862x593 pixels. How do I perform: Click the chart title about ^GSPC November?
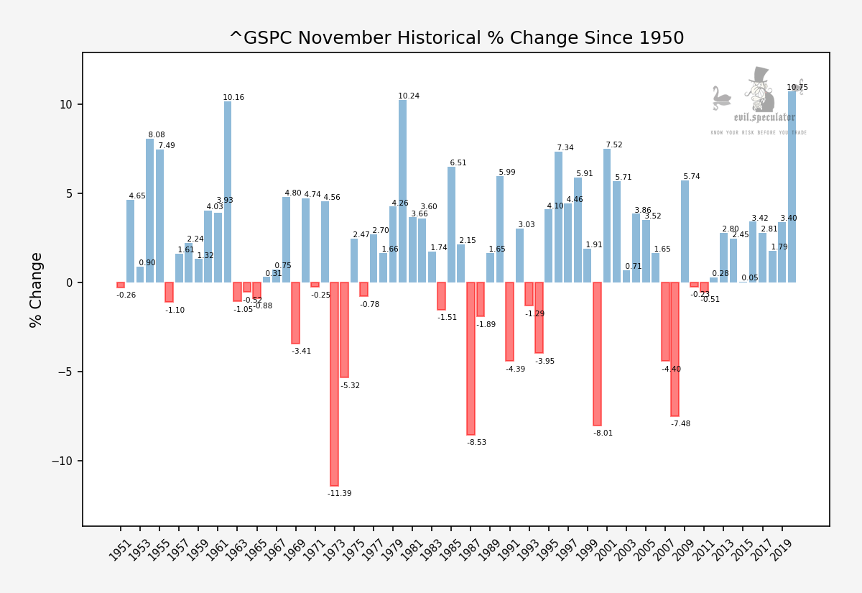(x=456, y=38)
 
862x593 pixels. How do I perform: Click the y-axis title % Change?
(x=36, y=290)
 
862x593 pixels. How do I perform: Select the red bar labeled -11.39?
(x=335, y=384)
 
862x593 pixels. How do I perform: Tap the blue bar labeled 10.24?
(x=403, y=191)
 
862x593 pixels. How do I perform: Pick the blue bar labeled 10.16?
(x=228, y=192)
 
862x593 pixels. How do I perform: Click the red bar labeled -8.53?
(x=471, y=359)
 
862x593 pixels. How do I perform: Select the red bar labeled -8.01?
(x=598, y=354)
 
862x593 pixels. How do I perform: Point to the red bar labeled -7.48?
(x=675, y=349)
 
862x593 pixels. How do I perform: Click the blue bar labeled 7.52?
(x=607, y=216)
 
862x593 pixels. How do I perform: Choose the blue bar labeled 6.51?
(x=452, y=224)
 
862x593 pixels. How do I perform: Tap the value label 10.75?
(x=797, y=88)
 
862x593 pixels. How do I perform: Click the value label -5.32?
(x=351, y=386)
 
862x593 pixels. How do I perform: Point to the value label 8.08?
(x=157, y=135)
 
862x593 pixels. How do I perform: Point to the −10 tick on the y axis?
(x=62, y=461)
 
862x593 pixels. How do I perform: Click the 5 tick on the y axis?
(x=69, y=193)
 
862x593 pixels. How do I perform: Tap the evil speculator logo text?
(x=764, y=118)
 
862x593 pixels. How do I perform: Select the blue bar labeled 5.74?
(x=685, y=231)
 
